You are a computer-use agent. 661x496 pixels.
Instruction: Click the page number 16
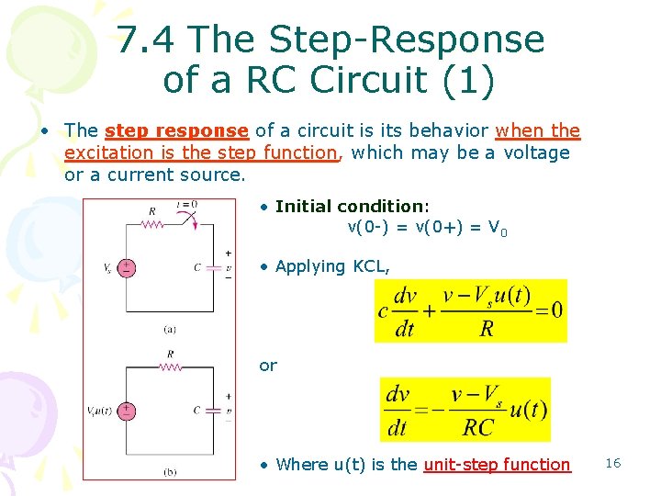(613, 463)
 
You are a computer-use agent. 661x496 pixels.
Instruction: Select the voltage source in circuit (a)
(126, 268)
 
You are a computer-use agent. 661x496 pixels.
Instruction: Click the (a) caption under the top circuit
(170, 329)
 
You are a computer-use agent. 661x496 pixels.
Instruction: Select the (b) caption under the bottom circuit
(170, 471)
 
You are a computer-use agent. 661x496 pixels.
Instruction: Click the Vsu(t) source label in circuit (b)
(100, 410)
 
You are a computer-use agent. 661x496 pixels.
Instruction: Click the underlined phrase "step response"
(176, 131)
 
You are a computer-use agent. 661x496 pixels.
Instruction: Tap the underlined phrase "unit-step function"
(497, 465)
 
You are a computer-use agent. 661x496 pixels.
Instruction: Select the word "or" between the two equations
(268, 366)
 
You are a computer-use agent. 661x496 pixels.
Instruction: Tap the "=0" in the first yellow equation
(548, 310)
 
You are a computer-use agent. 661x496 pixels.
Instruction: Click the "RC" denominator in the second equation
(477, 426)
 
